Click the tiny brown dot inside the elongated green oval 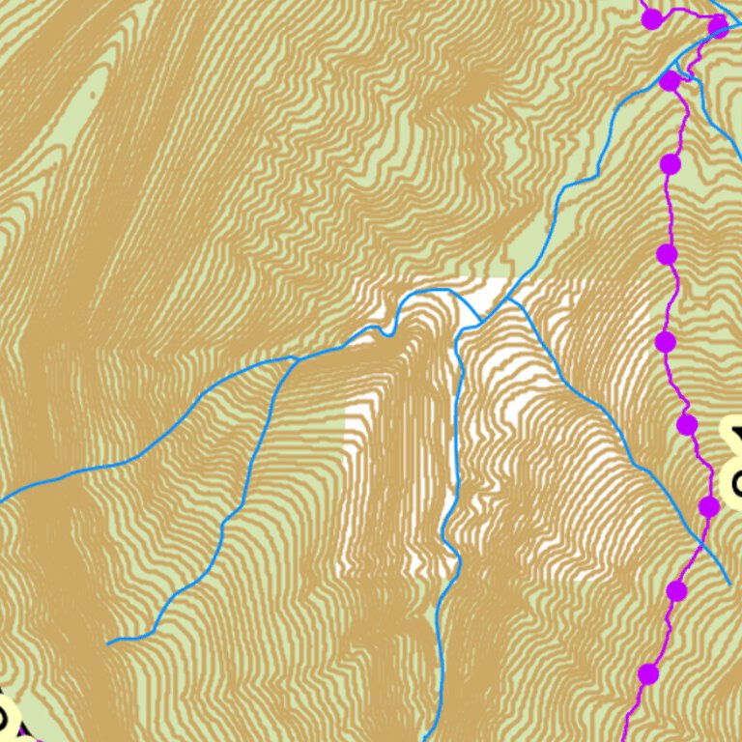(93, 94)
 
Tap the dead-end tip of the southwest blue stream (109, 642)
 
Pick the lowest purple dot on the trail (648, 673)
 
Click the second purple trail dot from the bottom (676, 590)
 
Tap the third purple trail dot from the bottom (709, 507)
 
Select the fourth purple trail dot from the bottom (687, 424)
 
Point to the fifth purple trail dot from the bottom (665, 341)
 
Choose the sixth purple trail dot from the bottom (667, 255)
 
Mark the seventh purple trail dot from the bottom (671, 164)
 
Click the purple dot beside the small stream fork (670, 81)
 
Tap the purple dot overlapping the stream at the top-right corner (718, 24)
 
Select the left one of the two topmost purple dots (652, 18)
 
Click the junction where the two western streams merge (295, 359)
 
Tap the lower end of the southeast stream (728, 583)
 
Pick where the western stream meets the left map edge (2, 500)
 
